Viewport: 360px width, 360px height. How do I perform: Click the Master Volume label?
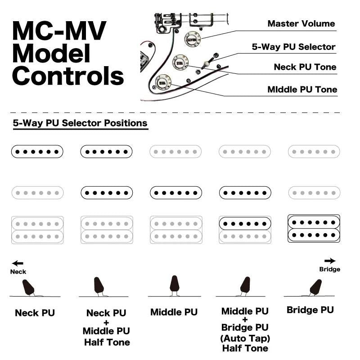pyautogui.click(x=301, y=23)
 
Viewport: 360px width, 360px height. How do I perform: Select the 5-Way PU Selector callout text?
pyautogui.click(x=293, y=47)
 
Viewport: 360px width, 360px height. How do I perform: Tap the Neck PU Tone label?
pyautogui.click(x=305, y=67)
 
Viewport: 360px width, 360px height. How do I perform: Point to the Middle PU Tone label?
pyautogui.click(x=302, y=90)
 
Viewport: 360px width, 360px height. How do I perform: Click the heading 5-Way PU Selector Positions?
pyautogui.click(x=80, y=123)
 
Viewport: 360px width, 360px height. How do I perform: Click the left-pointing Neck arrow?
pyautogui.click(x=18, y=264)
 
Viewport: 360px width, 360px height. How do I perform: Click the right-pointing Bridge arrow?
pyautogui.click(x=330, y=261)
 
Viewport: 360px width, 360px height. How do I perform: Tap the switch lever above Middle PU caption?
pyautogui.click(x=175, y=285)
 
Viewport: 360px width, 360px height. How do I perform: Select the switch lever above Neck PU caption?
pyautogui.click(x=28, y=287)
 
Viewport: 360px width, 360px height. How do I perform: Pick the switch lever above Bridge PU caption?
pyautogui.click(x=316, y=286)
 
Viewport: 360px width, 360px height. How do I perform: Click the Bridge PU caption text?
pyautogui.click(x=310, y=310)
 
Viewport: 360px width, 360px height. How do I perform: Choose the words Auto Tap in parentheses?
pyautogui.click(x=245, y=338)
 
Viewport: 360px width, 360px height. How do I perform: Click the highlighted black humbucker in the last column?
pyautogui.click(x=314, y=229)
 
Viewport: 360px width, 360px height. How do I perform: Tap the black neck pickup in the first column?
pyautogui.click(x=37, y=152)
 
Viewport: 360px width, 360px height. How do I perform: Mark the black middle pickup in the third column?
pyautogui.click(x=175, y=193)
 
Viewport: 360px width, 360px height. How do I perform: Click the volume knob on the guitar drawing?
pyautogui.click(x=191, y=39)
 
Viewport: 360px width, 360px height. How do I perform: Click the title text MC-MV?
pyautogui.click(x=59, y=31)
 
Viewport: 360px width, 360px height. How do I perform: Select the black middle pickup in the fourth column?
pyautogui.click(x=245, y=193)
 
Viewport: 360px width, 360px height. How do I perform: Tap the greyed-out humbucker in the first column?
pyautogui.click(x=37, y=230)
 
